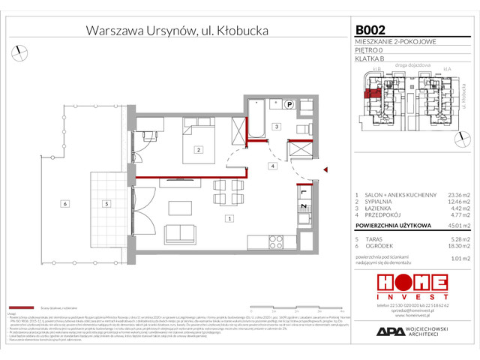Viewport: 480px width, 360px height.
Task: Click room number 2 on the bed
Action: click(198, 150)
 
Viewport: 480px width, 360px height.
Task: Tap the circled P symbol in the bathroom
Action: click(289, 105)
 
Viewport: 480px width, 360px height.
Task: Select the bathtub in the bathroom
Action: click(256, 118)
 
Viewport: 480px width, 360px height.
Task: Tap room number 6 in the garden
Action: click(65, 203)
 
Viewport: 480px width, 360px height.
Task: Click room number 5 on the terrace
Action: click(107, 203)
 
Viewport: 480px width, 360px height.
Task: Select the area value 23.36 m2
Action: click(455, 195)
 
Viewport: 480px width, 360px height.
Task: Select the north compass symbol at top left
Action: click(16, 51)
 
